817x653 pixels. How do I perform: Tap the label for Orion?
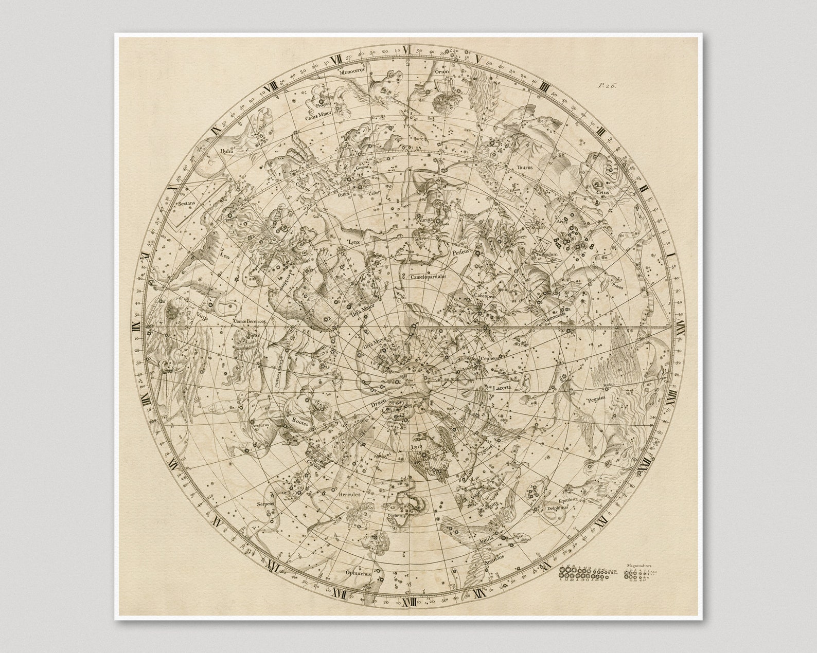[441, 72]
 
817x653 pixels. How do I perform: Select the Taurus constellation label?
[525, 168]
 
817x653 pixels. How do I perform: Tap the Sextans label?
[187, 203]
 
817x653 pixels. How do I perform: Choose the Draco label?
[377, 406]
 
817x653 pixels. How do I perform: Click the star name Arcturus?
[260, 426]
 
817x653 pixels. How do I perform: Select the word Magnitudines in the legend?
[640, 565]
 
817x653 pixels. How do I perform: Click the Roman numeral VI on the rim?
[407, 50]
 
